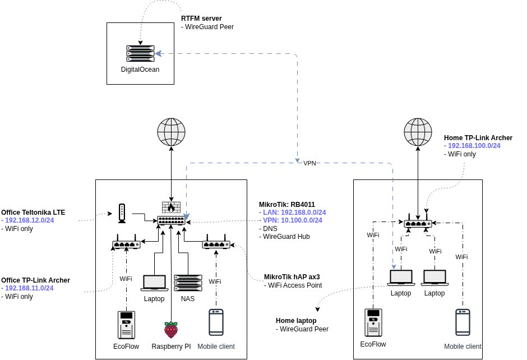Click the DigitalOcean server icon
click(x=140, y=53)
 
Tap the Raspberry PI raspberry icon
click(x=171, y=330)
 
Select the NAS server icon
click(x=188, y=283)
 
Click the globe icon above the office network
click(x=171, y=132)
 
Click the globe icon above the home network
click(x=418, y=132)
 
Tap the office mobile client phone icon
click(x=216, y=322)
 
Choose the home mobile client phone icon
click(x=463, y=322)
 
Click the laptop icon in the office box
click(x=154, y=283)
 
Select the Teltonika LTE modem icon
click(x=122, y=213)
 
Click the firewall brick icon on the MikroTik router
click(x=171, y=207)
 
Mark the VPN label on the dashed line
click(x=309, y=163)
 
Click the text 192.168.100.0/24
click(x=474, y=146)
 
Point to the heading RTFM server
click(x=201, y=19)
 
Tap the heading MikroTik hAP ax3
click(x=292, y=277)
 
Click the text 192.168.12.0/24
click(x=29, y=220)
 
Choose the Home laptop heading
click(x=296, y=321)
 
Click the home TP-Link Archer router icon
click(x=418, y=223)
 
